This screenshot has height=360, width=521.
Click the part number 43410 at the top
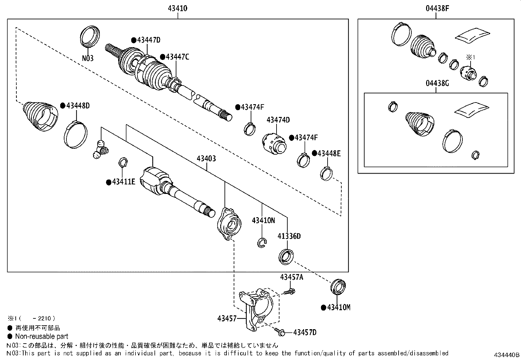click(x=177, y=9)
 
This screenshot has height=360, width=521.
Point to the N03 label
click(x=88, y=58)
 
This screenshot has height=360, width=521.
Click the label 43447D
click(x=149, y=40)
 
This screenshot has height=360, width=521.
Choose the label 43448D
click(x=78, y=106)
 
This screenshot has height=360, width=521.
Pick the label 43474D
click(x=278, y=120)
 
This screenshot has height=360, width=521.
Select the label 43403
click(x=206, y=159)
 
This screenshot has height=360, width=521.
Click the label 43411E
click(x=123, y=181)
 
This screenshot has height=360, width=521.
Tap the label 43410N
click(x=263, y=220)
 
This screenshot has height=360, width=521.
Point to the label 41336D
click(x=289, y=236)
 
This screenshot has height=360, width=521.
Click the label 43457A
click(x=292, y=277)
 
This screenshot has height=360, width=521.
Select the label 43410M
click(x=339, y=308)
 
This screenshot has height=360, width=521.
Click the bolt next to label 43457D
click(x=279, y=332)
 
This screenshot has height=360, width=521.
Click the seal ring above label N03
click(x=90, y=36)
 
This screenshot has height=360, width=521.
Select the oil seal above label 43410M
click(x=338, y=286)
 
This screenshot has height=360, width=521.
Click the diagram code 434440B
click(x=507, y=355)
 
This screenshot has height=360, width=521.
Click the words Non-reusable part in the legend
click(x=42, y=336)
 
